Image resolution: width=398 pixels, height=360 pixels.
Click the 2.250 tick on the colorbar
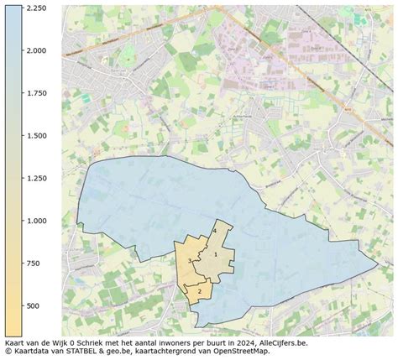pyautogui.click(x=34, y=8)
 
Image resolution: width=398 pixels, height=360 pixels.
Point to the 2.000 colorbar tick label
pyautogui.click(x=34, y=50)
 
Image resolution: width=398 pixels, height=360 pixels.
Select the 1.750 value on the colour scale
pyautogui.click(x=34, y=93)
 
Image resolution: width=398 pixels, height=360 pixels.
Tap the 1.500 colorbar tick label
pyautogui.click(x=34, y=136)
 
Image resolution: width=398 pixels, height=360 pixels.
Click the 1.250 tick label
pyautogui.click(x=34, y=178)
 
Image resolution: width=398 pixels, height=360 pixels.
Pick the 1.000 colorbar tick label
pyautogui.click(x=34, y=221)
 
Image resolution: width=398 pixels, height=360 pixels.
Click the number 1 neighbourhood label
pyautogui.click(x=216, y=254)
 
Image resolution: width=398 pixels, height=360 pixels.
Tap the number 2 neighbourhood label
pyautogui.click(x=200, y=291)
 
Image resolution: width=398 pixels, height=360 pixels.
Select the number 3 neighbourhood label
pyautogui.click(x=190, y=262)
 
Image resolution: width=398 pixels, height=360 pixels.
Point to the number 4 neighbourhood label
pyautogui.click(x=216, y=230)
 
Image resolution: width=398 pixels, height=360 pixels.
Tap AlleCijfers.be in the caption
pyautogui.click(x=282, y=343)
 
